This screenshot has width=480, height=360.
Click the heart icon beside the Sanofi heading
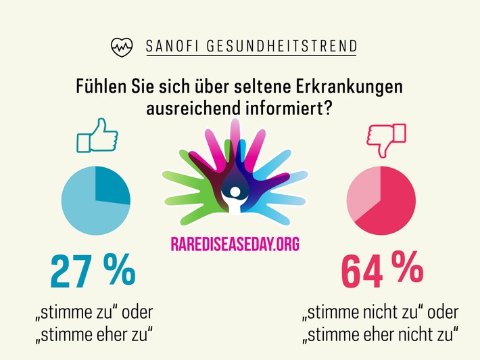point(122,47)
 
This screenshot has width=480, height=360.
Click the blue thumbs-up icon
point(97,136)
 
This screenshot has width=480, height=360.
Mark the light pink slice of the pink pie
point(363,193)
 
